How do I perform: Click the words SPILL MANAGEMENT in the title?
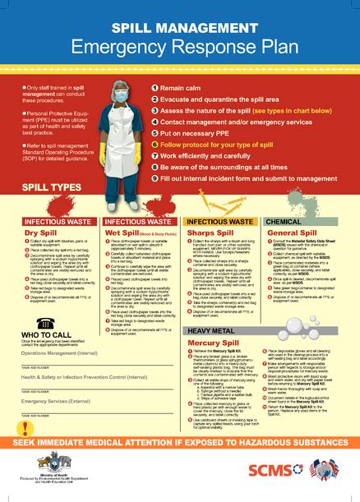(179, 27)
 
